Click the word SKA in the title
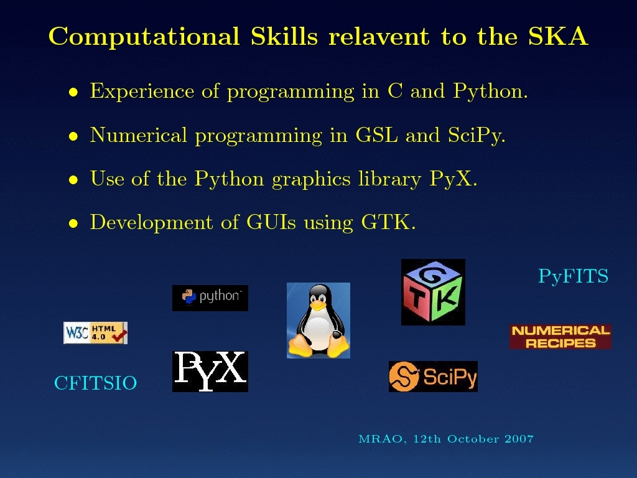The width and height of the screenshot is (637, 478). pos(558,36)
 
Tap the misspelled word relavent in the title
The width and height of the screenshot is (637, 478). pos(379,36)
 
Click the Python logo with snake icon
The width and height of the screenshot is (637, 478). pos(210,298)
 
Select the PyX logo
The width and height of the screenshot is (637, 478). pos(210,372)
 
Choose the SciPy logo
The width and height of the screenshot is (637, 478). pos(433,377)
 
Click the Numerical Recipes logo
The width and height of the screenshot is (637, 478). pos(560,337)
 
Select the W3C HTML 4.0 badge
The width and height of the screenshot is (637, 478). pos(95,333)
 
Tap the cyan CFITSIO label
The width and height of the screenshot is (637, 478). pos(95,383)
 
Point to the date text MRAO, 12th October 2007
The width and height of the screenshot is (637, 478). pos(446,439)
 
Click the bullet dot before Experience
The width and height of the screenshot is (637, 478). pos(73,92)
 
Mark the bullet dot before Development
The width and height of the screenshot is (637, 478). pos(73,223)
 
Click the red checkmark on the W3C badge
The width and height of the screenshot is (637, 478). pos(119,336)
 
